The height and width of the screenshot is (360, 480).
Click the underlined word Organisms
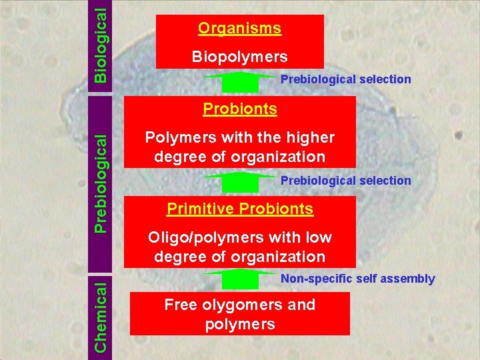point(239,29)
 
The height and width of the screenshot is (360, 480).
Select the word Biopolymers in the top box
point(239,57)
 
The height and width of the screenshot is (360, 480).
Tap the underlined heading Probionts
point(239,109)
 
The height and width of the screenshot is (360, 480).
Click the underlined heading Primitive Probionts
point(239,209)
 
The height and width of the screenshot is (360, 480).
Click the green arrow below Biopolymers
point(239,82)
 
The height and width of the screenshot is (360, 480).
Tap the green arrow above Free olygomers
point(239,280)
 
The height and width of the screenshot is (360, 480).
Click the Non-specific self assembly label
point(357,279)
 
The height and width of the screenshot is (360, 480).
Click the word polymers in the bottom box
point(239,325)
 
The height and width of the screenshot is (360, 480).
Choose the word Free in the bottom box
point(179,305)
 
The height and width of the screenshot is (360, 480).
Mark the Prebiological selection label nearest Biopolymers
point(345,79)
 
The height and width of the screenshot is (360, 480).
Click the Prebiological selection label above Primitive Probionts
point(345,181)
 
